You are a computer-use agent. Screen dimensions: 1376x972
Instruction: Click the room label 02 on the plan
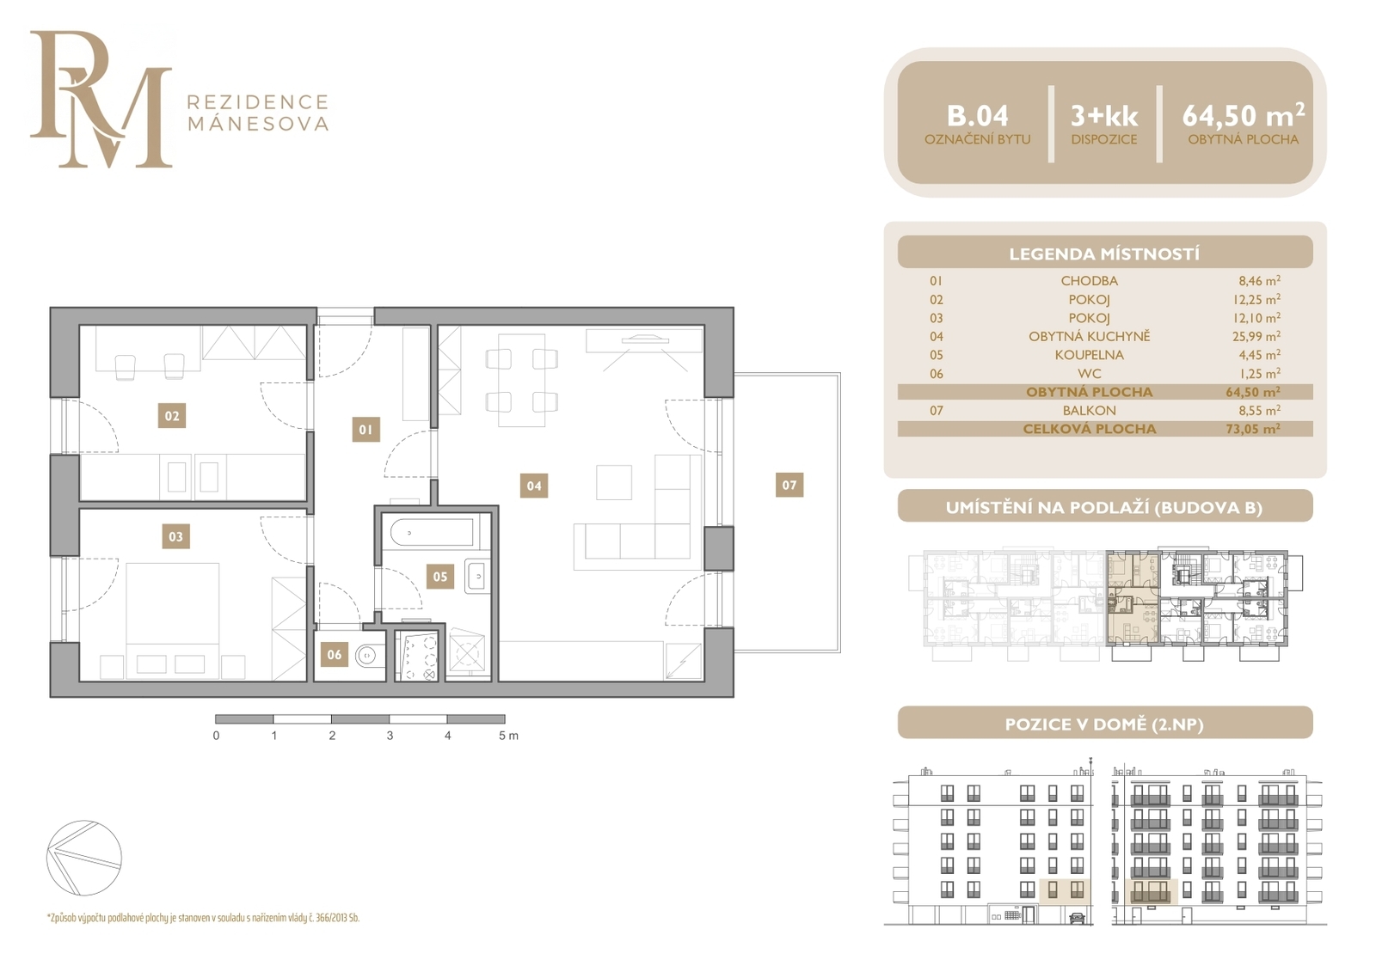[172, 416]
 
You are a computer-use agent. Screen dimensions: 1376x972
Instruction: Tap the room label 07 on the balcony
[789, 485]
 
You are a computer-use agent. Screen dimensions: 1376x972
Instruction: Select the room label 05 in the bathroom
[439, 577]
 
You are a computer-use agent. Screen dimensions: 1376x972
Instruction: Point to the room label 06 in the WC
[335, 655]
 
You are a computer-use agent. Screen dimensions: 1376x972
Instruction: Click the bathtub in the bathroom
[433, 532]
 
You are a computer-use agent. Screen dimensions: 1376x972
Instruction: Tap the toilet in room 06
[369, 656]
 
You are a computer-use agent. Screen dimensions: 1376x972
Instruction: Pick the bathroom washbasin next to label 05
[477, 576]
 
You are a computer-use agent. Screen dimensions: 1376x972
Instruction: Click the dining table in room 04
[521, 380]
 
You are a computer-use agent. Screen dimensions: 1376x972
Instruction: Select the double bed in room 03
[173, 620]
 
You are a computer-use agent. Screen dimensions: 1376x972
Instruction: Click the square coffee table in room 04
[614, 483]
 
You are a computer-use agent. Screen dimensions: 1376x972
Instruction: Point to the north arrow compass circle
[84, 858]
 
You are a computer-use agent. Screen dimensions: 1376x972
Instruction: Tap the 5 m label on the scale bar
[508, 736]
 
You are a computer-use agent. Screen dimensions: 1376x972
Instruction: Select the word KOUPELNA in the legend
[1089, 355]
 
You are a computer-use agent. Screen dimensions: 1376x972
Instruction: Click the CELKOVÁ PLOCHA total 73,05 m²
[1253, 429]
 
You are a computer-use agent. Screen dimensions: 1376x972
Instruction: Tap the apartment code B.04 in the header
[977, 116]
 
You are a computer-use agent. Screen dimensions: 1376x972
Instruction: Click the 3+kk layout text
[1104, 116]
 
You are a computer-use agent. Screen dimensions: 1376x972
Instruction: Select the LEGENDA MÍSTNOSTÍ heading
[1104, 254]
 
